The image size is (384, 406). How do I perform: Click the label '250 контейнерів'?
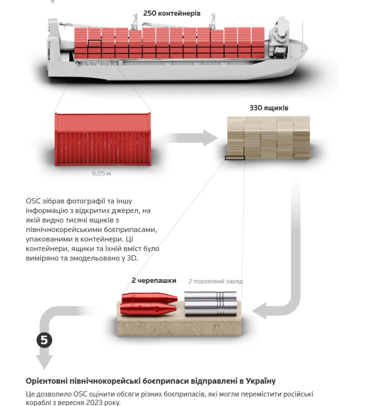coord(172,13)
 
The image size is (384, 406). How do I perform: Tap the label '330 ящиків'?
coord(269,108)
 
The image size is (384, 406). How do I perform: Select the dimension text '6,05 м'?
coord(101,173)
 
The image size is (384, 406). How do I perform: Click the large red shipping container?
coord(102,140)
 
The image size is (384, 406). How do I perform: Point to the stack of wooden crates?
coord(268,137)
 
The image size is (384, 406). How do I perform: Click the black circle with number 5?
coord(44,340)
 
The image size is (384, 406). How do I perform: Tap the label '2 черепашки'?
coord(154,281)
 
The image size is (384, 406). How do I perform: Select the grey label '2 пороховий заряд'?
coord(216,281)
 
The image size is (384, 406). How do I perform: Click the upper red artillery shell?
coord(149,298)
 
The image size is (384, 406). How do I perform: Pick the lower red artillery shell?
coord(148,309)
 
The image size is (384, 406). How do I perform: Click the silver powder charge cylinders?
coord(211,303)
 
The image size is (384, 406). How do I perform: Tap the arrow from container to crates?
coord(191,138)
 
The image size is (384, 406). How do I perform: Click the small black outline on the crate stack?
coord(235,158)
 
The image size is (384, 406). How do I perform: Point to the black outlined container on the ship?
coord(95,43)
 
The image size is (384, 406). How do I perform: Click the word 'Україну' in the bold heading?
coord(260,381)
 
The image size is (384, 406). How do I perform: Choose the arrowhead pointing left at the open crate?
coord(259,310)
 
